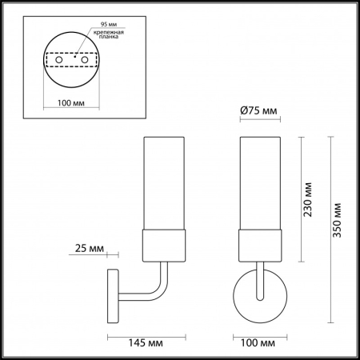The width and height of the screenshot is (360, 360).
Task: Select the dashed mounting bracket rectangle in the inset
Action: (x=70, y=61)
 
